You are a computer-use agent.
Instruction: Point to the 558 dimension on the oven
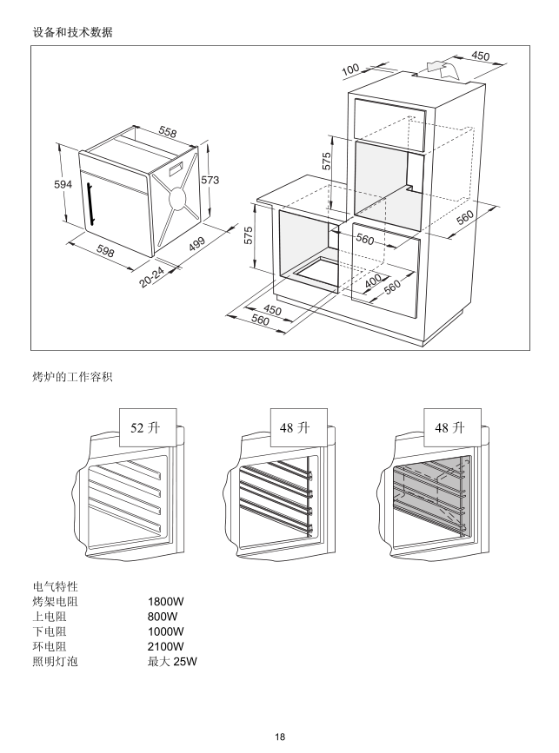(x=168, y=133)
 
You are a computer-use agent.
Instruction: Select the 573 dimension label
(x=210, y=180)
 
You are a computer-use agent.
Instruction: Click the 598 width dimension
(x=106, y=251)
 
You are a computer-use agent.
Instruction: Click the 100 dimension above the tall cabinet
(x=350, y=69)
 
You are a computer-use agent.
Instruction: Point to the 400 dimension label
(x=374, y=281)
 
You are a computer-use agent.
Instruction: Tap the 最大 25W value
(x=173, y=663)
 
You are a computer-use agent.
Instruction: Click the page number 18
(x=280, y=737)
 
